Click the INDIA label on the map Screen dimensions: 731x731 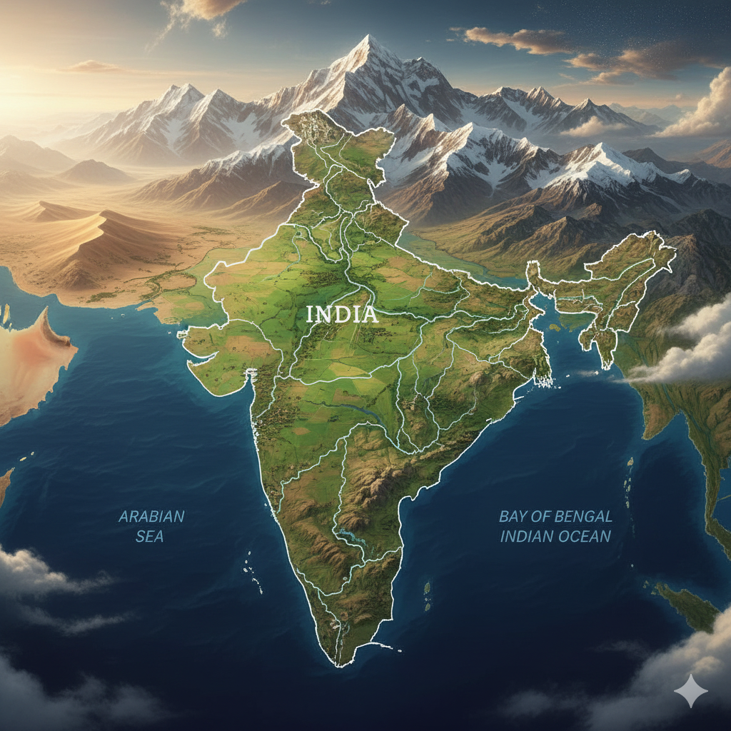342,314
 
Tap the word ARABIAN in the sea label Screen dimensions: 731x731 151,516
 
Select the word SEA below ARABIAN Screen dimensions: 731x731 150,535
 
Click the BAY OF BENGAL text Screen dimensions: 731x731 555,516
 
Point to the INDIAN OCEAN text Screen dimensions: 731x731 555,535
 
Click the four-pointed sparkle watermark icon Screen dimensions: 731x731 690,691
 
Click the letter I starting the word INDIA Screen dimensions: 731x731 309,314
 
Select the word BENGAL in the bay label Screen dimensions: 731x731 583,516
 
